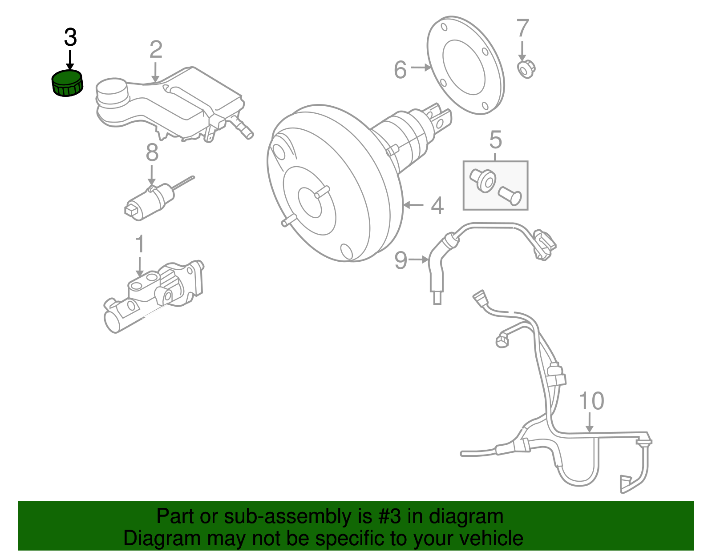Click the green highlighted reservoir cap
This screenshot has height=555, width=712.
point(68,84)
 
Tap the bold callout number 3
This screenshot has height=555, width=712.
point(70,38)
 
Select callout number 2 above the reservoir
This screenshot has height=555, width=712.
point(155,50)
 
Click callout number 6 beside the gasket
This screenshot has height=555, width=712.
point(400,70)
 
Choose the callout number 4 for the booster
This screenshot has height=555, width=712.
point(437,206)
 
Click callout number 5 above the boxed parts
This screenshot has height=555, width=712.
point(495,140)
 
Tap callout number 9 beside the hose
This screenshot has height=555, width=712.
point(400,260)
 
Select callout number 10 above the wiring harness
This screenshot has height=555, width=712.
point(591,401)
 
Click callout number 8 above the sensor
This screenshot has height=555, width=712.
point(152,153)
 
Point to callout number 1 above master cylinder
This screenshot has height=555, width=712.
point(140,244)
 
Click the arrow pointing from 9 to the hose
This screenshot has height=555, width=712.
point(418,260)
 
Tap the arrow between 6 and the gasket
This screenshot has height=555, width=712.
point(421,68)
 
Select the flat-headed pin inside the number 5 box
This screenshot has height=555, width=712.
point(510,196)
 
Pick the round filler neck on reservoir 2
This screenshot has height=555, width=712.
point(111,92)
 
